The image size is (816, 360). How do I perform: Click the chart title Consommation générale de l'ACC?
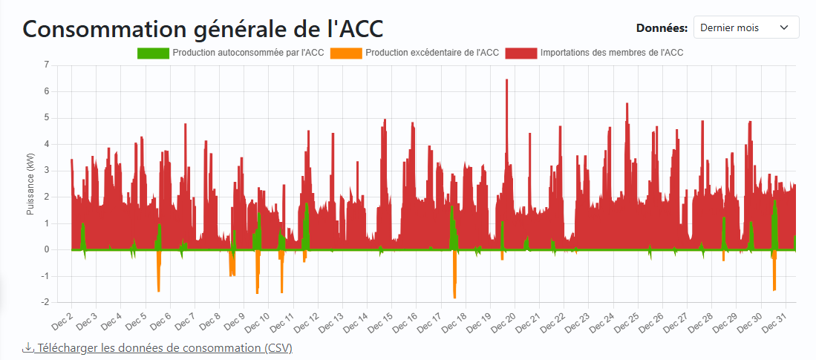click(x=203, y=28)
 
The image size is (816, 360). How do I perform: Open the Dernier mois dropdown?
click(x=745, y=27)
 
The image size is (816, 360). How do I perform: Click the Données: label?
click(x=662, y=28)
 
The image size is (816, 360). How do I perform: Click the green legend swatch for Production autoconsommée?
click(x=153, y=53)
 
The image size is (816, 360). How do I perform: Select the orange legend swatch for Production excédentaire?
click(x=346, y=53)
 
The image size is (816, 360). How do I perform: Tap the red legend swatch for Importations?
click(x=521, y=53)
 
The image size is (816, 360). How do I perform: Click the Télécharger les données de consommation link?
click(x=165, y=347)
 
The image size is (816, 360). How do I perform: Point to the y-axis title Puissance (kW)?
click(x=30, y=183)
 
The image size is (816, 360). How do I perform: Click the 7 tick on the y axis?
click(x=46, y=65)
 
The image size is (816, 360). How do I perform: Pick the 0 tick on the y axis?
click(x=46, y=249)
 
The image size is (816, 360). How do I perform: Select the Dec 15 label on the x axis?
click(x=380, y=321)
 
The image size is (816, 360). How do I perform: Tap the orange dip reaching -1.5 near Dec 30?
click(x=774, y=288)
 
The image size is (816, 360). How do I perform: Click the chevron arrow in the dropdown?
click(x=784, y=27)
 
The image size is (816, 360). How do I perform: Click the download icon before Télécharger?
click(x=28, y=347)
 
